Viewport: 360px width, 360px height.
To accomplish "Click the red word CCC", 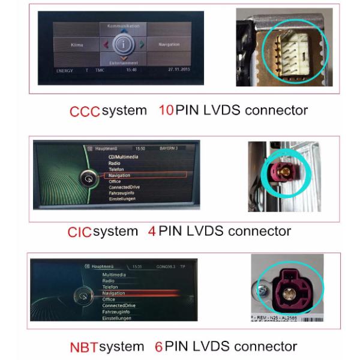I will tap(85, 110).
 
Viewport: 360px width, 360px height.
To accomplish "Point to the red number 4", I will tap(152, 231).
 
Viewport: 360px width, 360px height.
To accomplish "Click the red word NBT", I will tap(83, 347).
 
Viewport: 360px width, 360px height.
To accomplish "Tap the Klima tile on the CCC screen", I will tap(77, 45).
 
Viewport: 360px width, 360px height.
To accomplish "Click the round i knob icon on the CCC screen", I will tap(122, 45).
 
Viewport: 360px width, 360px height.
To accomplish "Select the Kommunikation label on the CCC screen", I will tap(123, 26).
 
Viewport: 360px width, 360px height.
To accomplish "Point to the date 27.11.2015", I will tap(174, 70).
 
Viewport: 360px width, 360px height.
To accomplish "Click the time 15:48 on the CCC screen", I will tap(130, 70).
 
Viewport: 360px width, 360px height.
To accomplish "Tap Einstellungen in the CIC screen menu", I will tap(123, 199).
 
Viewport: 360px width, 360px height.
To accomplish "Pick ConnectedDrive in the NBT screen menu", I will tap(119, 305).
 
